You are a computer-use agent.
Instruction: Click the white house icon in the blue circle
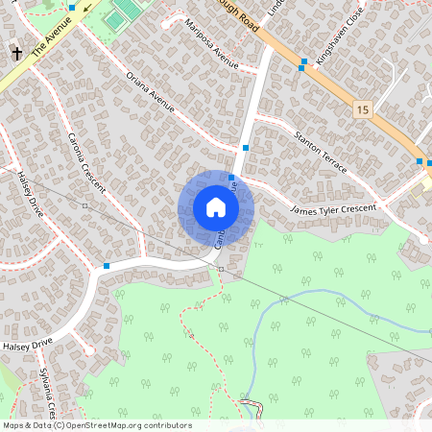216,207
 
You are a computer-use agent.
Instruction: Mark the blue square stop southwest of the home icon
107,265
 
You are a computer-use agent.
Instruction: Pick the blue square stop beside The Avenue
72,8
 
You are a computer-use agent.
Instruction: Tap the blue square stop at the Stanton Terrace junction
247,148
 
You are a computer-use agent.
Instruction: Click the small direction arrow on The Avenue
87,11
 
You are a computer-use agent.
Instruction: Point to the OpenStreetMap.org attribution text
96,425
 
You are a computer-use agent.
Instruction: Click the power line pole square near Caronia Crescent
85,205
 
